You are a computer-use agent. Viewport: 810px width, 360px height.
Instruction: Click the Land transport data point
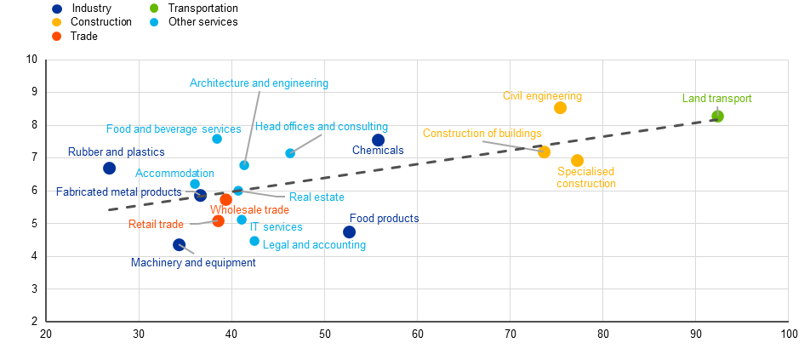(717, 117)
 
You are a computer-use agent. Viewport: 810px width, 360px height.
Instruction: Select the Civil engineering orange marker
(560, 107)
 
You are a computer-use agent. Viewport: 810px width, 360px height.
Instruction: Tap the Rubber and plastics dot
(109, 168)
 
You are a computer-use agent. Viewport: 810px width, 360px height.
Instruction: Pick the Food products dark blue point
(349, 231)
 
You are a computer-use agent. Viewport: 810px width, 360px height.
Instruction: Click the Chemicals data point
(378, 140)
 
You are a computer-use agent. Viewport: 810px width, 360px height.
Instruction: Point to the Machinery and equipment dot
(179, 244)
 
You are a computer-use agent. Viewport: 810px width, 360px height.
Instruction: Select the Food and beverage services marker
(217, 139)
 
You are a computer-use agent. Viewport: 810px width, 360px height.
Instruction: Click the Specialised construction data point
(577, 161)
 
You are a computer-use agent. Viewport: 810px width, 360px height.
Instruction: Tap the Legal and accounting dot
(254, 241)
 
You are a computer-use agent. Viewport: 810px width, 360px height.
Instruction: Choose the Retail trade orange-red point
(219, 221)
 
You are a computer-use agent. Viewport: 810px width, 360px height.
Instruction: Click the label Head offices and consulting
(322, 127)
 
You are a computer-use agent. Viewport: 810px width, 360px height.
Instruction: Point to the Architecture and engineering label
(260, 83)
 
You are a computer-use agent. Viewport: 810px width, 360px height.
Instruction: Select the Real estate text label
(317, 197)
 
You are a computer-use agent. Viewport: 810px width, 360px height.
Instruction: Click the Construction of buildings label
(482, 134)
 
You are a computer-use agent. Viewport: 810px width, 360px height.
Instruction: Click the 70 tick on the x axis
(510, 333)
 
